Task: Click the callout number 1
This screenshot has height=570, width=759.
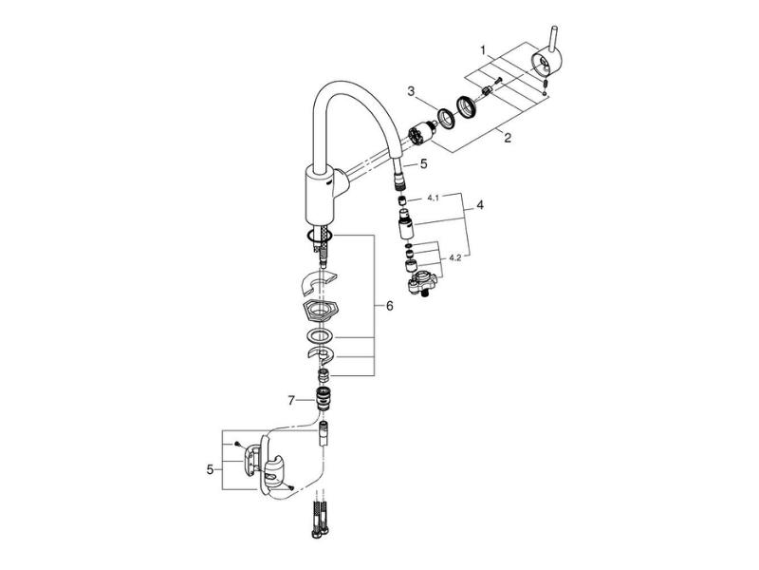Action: pyautogui.click(x=483, y=50)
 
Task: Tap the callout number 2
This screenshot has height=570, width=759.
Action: pyautogui.click(x=508, y=138)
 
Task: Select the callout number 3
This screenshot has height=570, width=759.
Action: pyautogui.click(x=411, y=91)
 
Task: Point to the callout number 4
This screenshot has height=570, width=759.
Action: pyautogui.click(x=480, y=205)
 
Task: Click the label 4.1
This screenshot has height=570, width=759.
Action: pyautogui.click(x=433, y=198)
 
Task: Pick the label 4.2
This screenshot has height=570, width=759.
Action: pyautogui.click(x=455, y=257)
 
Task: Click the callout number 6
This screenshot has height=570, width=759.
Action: pyautogui.click(x=390, y=306)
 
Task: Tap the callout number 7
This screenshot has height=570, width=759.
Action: pyautogui.click(x=291, y=400)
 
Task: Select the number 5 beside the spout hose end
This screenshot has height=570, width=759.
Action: pyautogui.click(x=423, y=163)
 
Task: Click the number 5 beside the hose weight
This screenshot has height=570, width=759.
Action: pyautogui.click(x=210, y=469)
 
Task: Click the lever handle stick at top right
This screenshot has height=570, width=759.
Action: pyautogui.click(x=551, y=38)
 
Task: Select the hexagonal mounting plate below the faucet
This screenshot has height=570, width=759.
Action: pyautogui.click(x=320, y=310)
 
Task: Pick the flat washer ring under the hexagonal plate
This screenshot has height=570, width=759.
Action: pyautogui.click(x=320, y=335)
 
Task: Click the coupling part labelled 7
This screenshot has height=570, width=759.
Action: pyautogui.click(x=322, y=398)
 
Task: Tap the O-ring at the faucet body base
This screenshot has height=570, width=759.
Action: pyautogui.click(x=319, y=236)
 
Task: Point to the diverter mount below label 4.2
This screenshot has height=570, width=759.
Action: pyautogui.click(x=422, y=283)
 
